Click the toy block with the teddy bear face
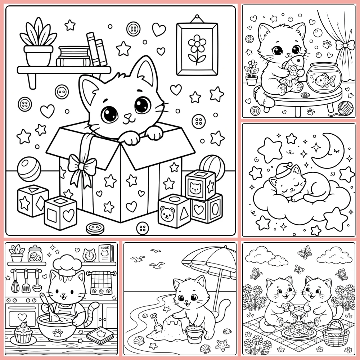tap(175, 211)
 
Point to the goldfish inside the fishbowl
tap(325, 80)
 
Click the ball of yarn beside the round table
tap(346, 108)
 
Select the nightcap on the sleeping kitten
tap(284, 170)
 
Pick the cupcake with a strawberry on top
tap(23, 332)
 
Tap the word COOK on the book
tap(105, 248)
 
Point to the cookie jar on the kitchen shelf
tap(35, 253)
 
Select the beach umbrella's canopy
tap(209, 261)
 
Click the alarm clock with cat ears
tap(89, 255)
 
